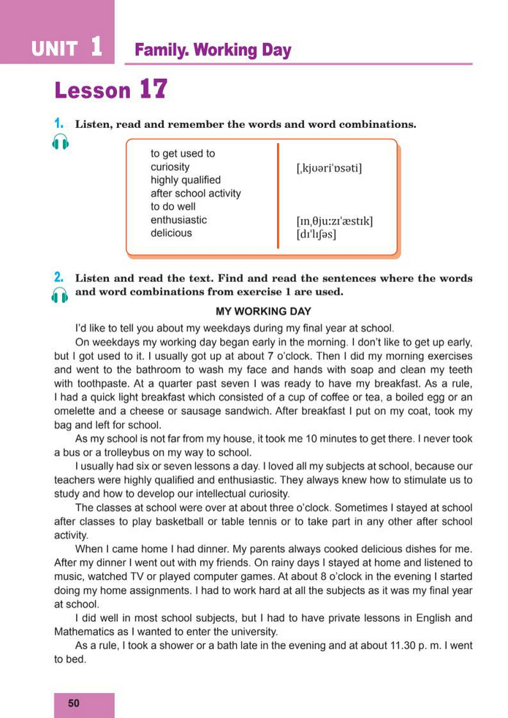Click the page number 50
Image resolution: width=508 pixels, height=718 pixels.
pos(74,703)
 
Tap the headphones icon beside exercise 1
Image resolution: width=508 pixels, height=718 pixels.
pos(61,142)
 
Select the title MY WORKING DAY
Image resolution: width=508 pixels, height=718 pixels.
pos(263,311)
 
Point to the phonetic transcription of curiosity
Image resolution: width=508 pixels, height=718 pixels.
pos(329,169)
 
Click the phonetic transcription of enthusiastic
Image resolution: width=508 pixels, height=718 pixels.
pos(335,221)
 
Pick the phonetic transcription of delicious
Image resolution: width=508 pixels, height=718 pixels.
pos(316,234)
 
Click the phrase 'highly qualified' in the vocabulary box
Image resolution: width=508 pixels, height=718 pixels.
pos(186,180)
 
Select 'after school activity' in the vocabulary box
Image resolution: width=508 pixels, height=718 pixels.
pos(195,194)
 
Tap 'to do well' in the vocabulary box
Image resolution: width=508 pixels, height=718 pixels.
pos(173,207)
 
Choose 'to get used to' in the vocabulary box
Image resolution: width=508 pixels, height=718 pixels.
pos(183,153)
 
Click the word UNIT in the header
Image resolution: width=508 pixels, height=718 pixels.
pos(54,50)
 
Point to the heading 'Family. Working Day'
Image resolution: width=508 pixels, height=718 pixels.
pos(213,50)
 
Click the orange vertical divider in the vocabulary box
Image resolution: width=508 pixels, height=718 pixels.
pos(278,196)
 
